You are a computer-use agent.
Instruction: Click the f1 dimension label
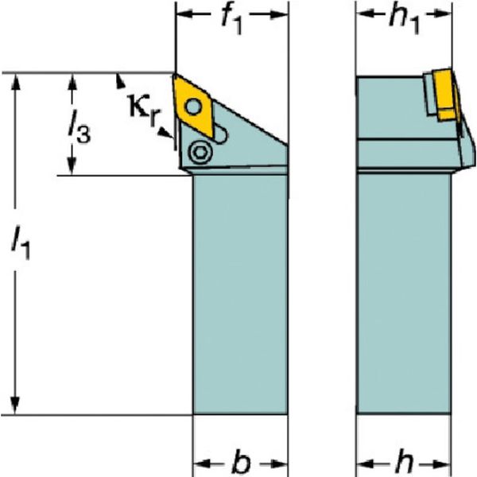coord(232,19)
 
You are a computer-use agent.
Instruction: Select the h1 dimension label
coord(405,19)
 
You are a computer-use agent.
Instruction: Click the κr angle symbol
coord(142,110)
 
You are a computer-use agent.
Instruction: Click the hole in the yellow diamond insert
coord(192,107)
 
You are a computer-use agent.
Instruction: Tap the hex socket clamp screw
coord(200,152)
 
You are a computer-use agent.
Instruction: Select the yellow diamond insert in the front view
coord(193,105)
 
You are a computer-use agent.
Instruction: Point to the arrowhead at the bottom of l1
coord(15,405)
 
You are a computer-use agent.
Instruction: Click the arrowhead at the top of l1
coord(15,82)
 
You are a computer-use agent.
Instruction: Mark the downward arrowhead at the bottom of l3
coord(72,167)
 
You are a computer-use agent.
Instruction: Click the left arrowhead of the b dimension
coord(202,464)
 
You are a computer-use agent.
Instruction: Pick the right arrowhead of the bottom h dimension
coord(442,464)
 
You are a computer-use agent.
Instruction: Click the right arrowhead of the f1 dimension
coord(279,14)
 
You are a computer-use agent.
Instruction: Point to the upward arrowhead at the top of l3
coord(72,82)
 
